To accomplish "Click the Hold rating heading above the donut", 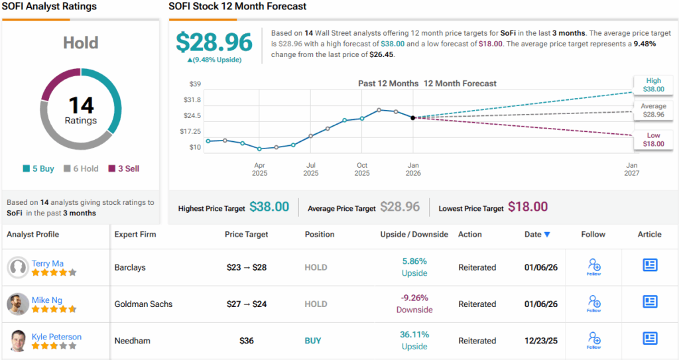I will point(81,43).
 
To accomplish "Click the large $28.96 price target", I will point(214,42).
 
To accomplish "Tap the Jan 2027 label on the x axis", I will point(631,169).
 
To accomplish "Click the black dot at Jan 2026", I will point(413,117).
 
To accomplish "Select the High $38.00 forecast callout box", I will point(653,84).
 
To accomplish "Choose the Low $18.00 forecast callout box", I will point(653,140).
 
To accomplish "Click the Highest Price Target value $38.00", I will point(269,207).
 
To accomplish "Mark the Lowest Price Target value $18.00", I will point(528,207).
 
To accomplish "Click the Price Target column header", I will point(247,234).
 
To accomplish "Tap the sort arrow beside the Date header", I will point(547,234).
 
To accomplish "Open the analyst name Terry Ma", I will point(48,263).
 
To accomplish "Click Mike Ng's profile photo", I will point(17,304).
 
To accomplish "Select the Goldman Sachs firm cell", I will point(143,304).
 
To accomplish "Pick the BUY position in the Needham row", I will point(313,341).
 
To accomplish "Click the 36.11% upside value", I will point(414,335).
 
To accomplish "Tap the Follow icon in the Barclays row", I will point(594,267).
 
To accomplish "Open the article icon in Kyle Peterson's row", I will point(650,338).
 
